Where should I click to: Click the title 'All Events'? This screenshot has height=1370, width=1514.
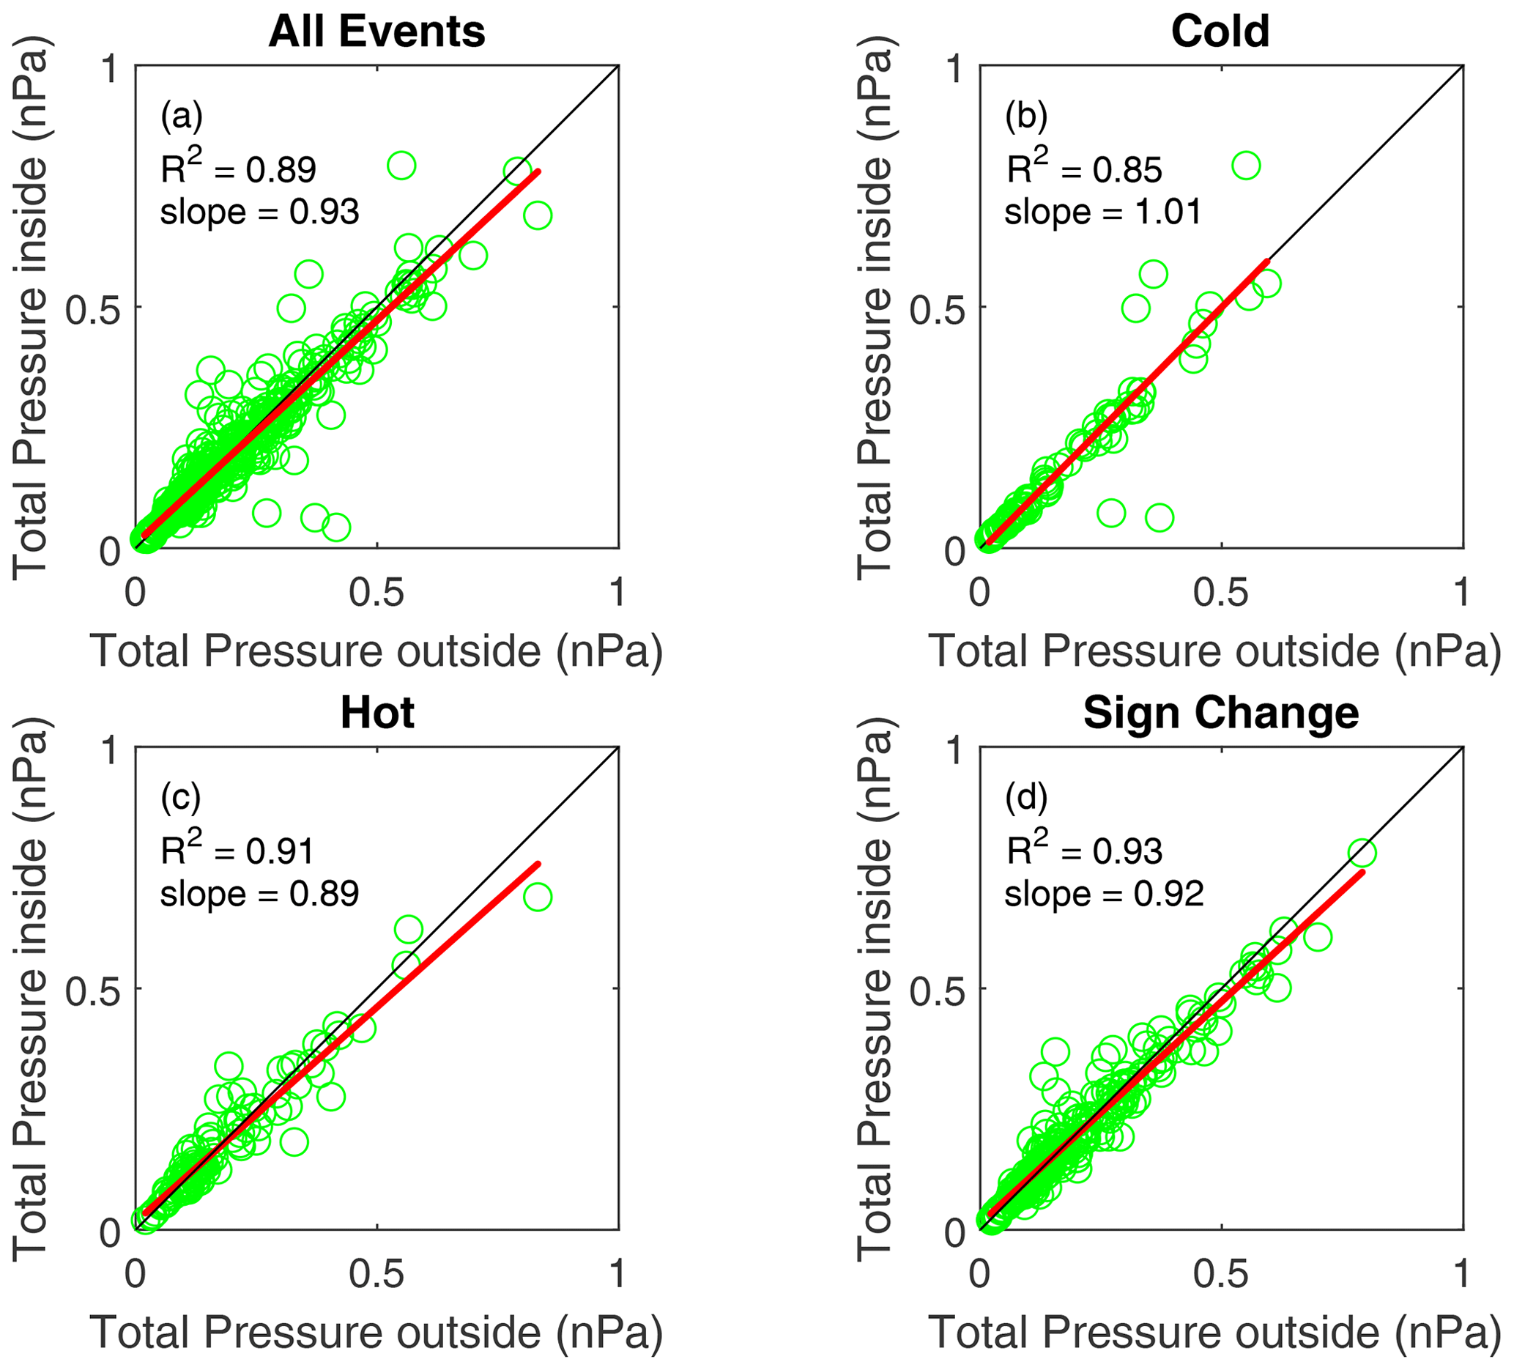[377, 32]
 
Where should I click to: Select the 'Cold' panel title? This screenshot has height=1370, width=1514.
[1220, 32]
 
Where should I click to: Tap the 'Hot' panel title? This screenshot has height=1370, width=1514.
[377, 713]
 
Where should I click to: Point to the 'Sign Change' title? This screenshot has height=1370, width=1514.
[1220, 713]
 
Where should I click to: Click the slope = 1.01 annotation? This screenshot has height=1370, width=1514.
[1103, 212]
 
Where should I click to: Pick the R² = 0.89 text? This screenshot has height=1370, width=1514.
[239, 169]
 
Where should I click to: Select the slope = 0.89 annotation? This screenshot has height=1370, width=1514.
[260, 894]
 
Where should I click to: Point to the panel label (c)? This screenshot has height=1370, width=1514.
[181, 796]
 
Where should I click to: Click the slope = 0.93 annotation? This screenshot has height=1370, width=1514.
[260, 212]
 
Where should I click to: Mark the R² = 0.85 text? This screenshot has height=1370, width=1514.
[1085, 169]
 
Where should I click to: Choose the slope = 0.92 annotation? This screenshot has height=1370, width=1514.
[1105, 894]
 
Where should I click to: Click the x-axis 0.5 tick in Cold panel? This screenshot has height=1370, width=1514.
[1221, 593]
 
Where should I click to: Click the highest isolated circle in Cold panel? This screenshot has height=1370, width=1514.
[1246, 166]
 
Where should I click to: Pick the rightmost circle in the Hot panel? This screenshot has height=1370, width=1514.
[538, 897]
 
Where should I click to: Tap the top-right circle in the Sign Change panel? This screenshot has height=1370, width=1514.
[1362, 854]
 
